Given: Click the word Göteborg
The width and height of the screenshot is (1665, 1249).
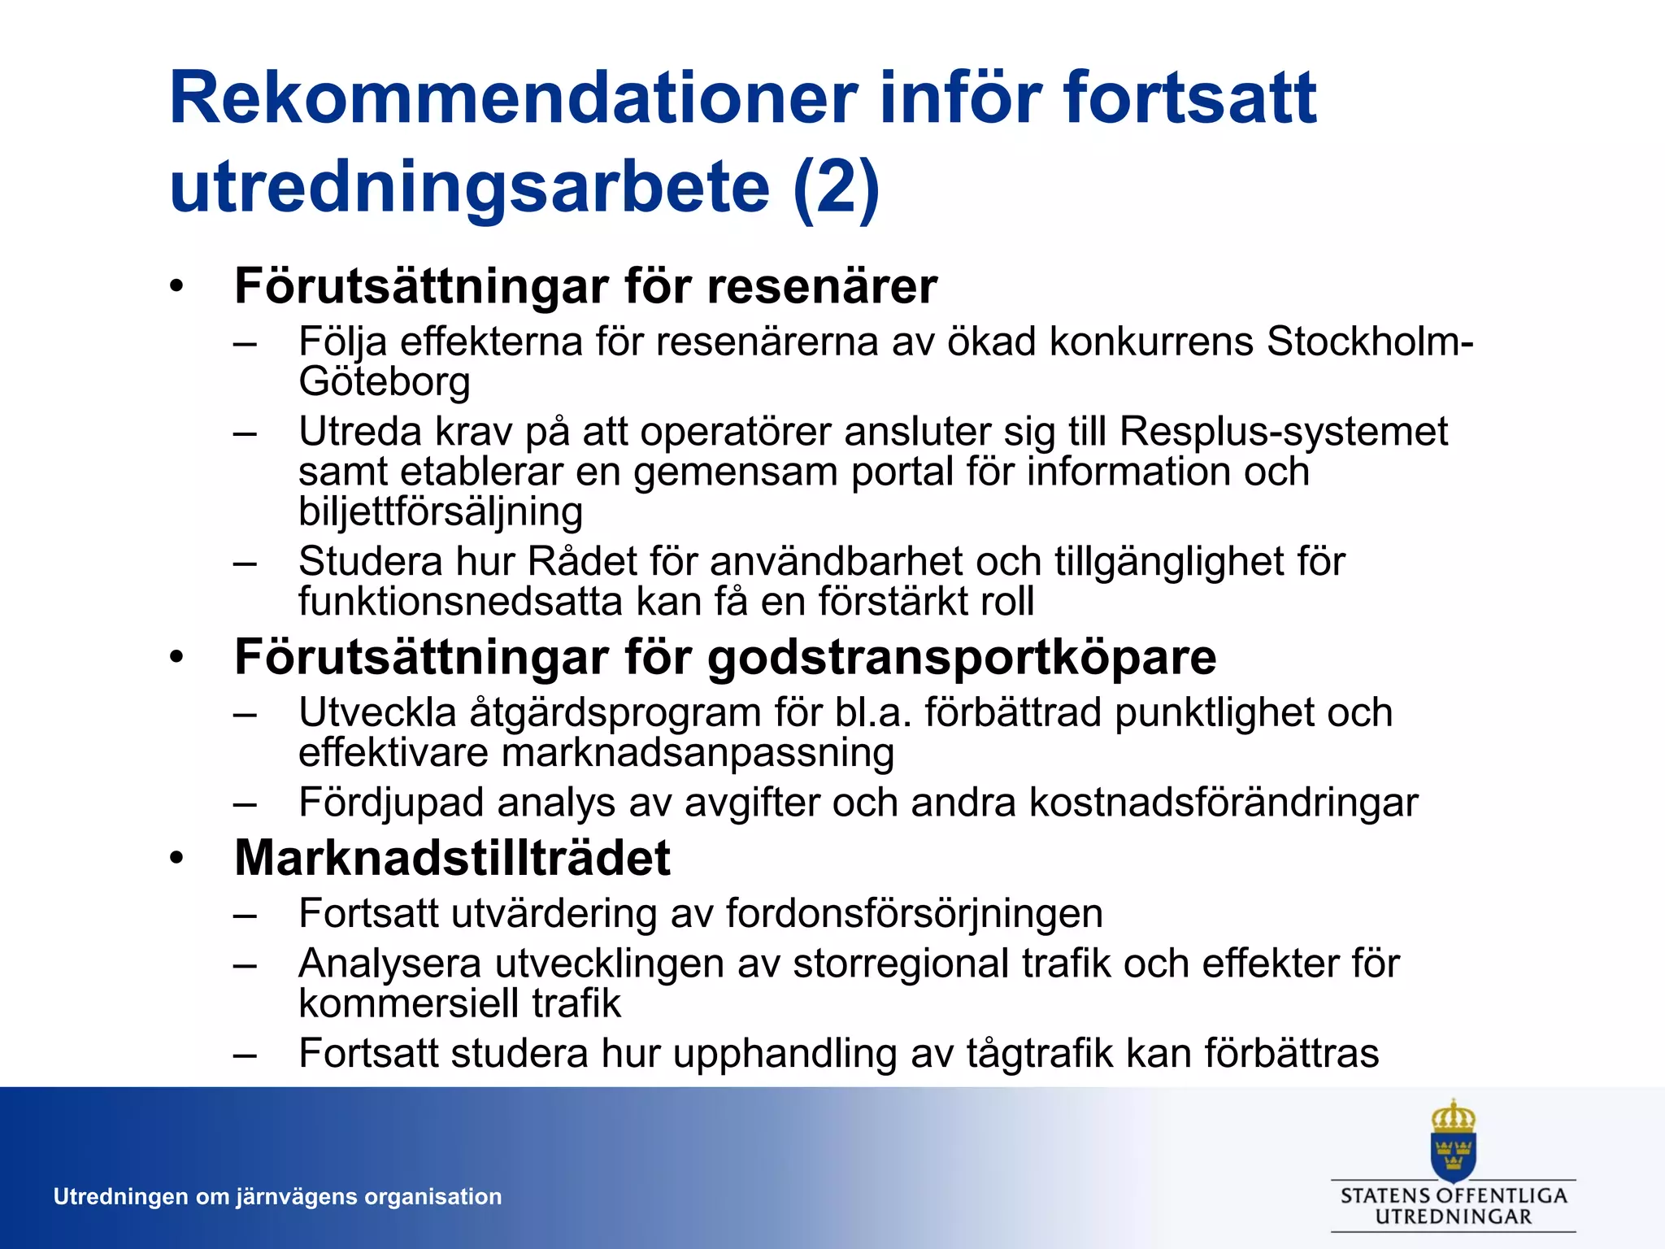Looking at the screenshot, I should point(385,381).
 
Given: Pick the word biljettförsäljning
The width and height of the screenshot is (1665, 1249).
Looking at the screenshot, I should point(441,511).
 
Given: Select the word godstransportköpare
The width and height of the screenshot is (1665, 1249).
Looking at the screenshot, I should point(962,656).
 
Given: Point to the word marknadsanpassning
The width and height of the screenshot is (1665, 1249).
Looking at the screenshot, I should point(698,752).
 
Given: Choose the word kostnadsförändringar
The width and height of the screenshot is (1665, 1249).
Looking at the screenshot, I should point(1224,803).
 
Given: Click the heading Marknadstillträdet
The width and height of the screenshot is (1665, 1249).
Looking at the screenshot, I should point(452,858).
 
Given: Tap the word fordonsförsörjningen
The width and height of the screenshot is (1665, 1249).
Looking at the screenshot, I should point(914,913).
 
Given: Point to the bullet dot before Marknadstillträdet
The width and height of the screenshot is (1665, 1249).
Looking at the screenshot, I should point(177,859).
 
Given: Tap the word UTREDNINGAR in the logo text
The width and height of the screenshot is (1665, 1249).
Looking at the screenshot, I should point(1453,1217).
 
